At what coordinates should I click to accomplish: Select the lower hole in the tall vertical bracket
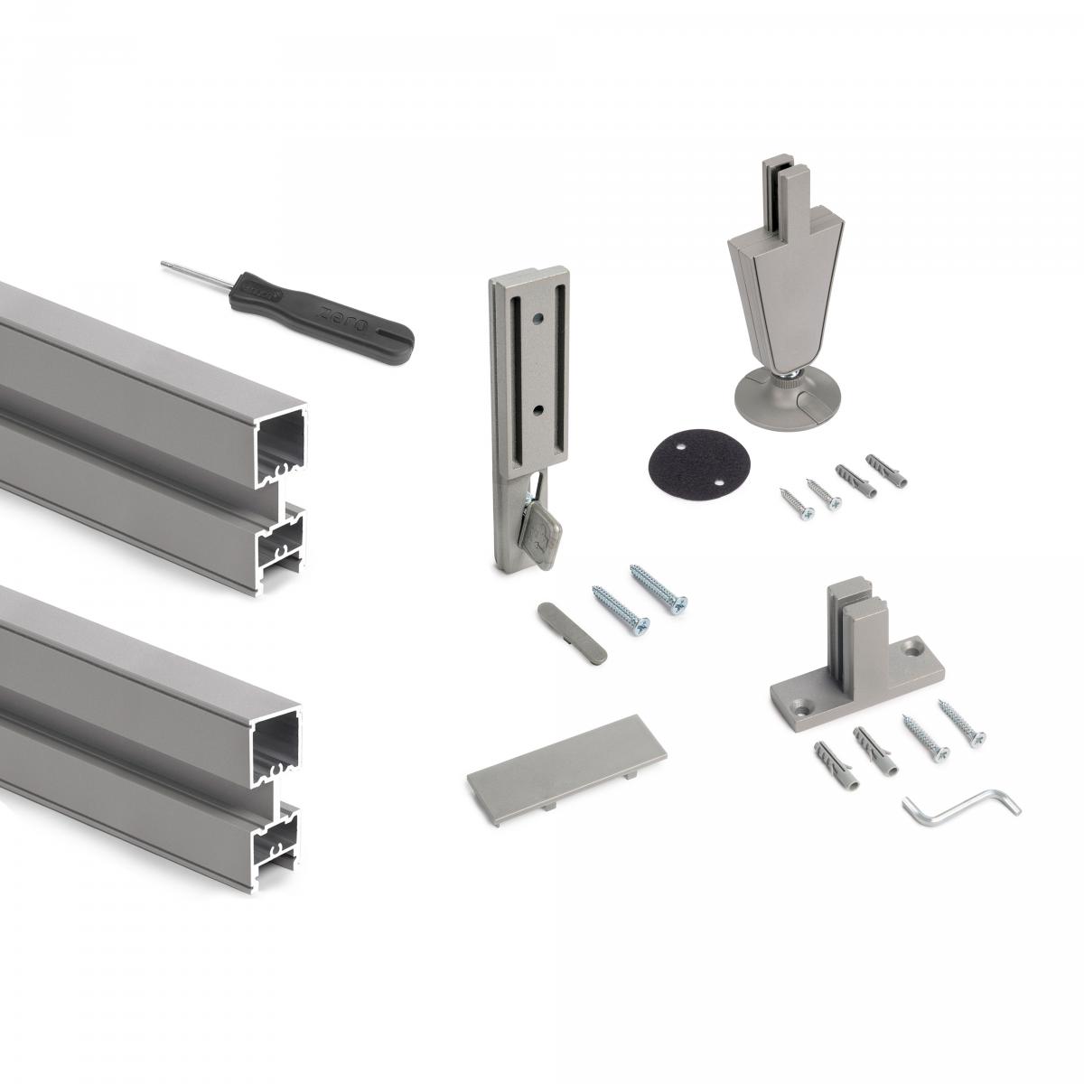coord(538,409)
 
